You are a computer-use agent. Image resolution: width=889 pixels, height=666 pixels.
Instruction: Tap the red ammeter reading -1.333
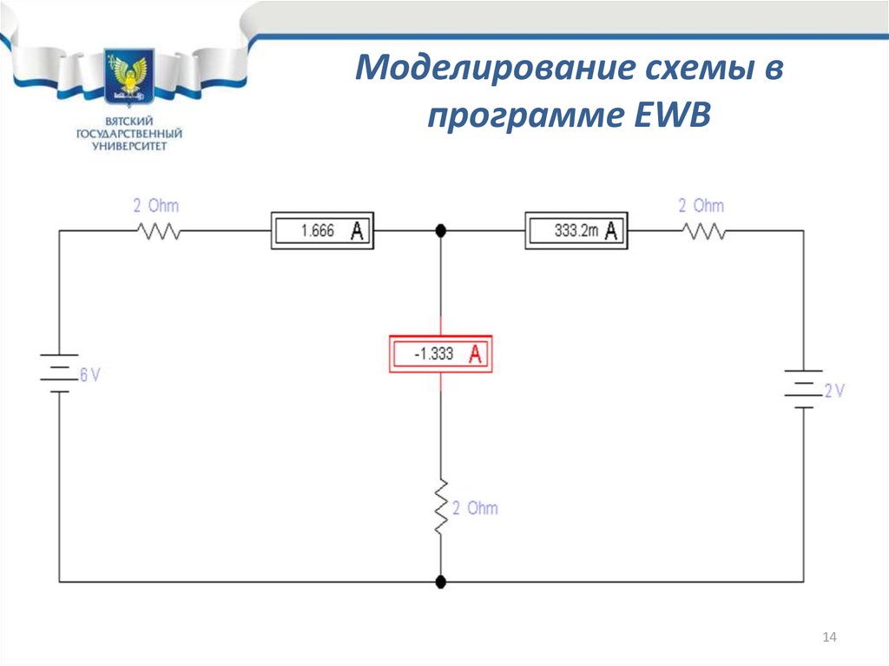[x=440, y=354]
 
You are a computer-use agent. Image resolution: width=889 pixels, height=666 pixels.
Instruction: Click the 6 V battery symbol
[x=59, y=373]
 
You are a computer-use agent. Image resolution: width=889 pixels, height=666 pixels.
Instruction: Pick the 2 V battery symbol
[x=803, y=388]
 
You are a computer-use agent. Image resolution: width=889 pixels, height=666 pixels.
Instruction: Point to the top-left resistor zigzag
[x=157, y=232]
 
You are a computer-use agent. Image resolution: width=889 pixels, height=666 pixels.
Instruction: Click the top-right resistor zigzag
[x=704, y=232]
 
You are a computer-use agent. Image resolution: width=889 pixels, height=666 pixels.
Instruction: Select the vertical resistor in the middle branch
[x=440, y=505]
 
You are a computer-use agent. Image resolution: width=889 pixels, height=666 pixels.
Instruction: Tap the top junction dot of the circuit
[x=440, y=231]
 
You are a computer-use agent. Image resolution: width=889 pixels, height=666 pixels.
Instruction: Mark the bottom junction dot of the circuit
[x=440, y=581]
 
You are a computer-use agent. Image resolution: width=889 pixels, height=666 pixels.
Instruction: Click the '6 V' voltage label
[x=90, y=376]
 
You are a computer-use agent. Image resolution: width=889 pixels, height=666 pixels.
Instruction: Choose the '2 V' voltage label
[x=834, y=392]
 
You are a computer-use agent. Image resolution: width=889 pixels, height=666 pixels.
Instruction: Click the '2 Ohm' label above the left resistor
[x=156, y=207]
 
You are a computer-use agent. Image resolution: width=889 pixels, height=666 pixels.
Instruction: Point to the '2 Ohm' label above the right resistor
[x=701, y=207]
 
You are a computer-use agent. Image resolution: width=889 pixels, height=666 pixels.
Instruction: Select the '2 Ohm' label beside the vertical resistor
[x=475, y=508]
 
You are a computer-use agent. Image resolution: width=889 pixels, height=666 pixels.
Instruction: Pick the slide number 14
[x=829, y=639]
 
